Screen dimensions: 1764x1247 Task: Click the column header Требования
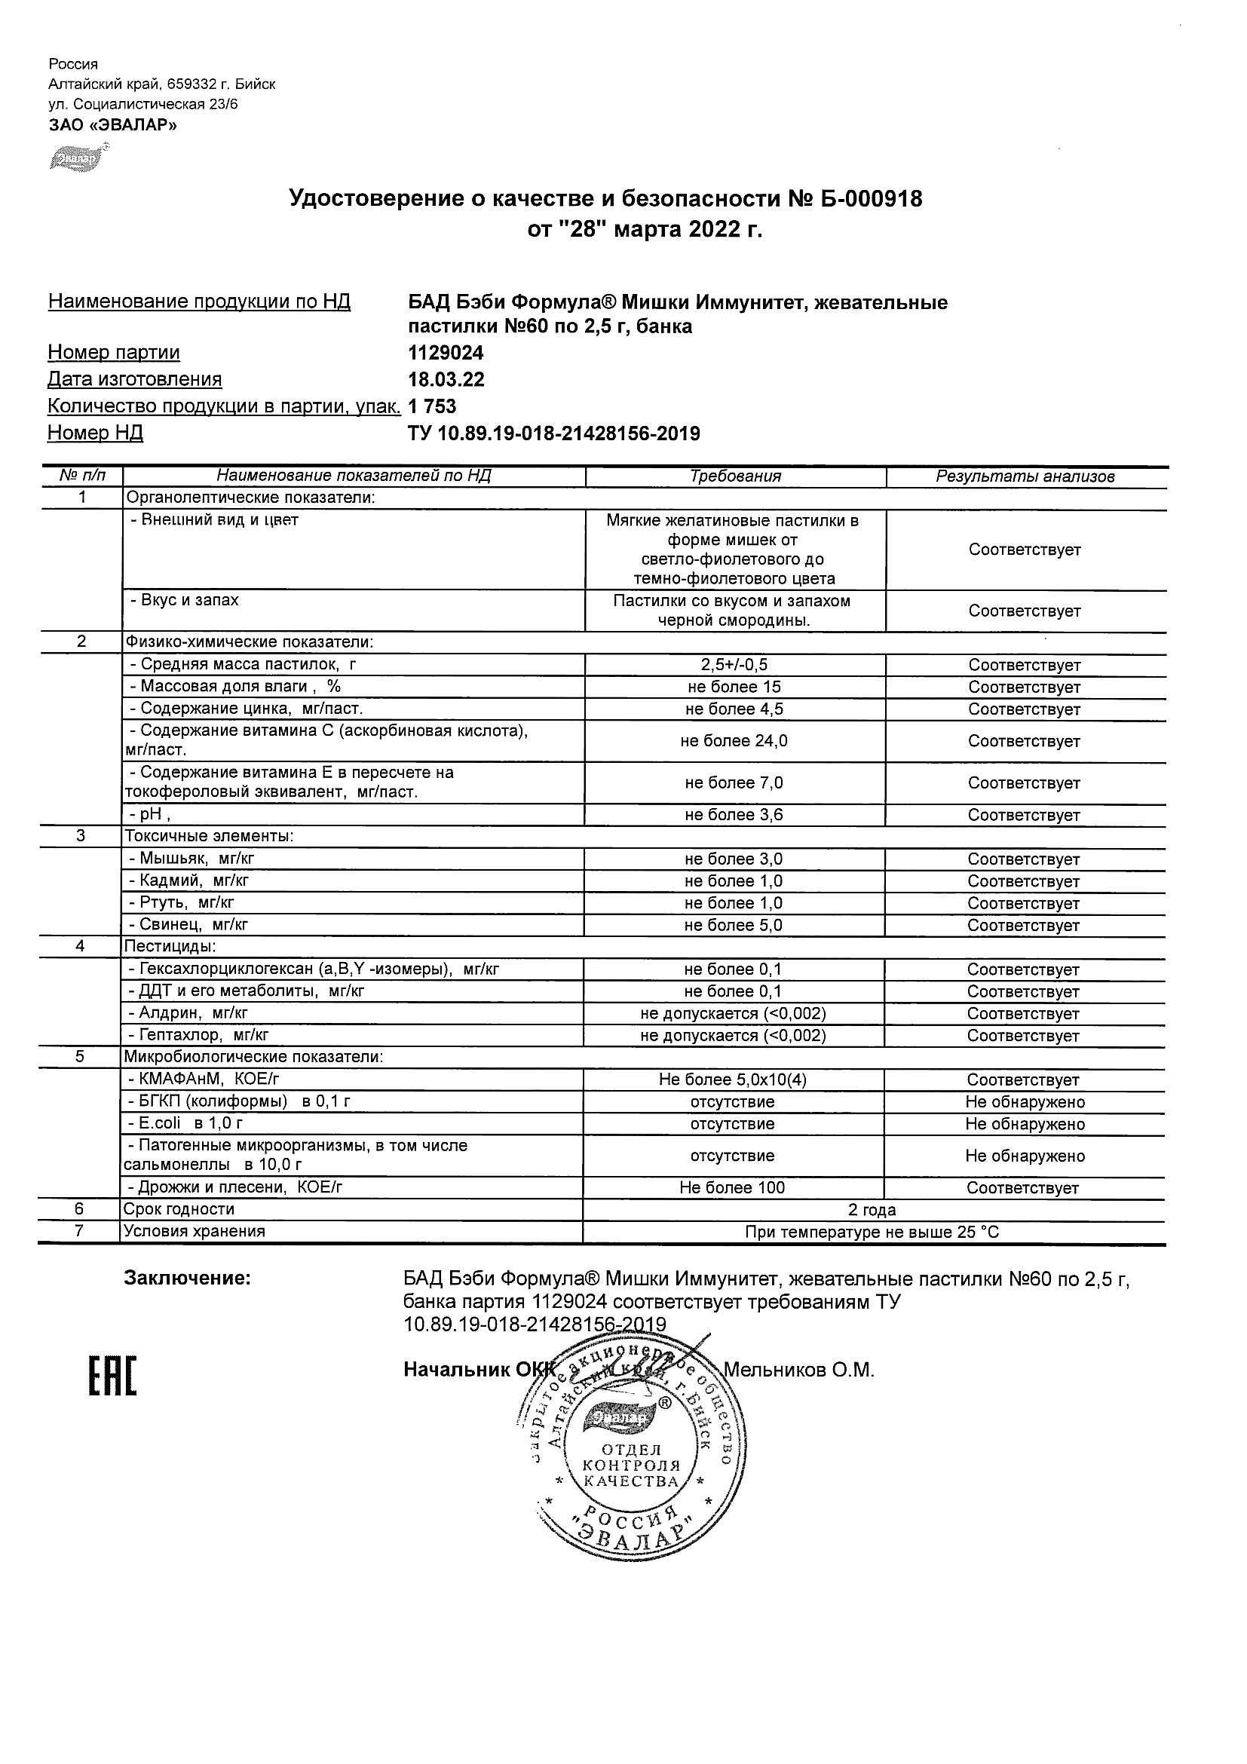click(x=735, y=476)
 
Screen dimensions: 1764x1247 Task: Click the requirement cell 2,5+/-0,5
click(x=734, y=666)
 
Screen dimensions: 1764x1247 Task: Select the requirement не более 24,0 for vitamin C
click(x=734, y=741)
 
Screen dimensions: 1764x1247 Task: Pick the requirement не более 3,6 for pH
click(x=734, y=815)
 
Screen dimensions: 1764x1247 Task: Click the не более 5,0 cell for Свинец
click(x=733, y=926)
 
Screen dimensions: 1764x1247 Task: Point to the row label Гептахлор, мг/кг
click(x=204, y=1036)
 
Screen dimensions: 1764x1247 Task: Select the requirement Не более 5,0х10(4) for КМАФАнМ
click(x=732, y=1080)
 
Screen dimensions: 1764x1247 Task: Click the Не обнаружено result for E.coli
click(x=1025, y=1125)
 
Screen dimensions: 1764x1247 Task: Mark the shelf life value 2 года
click(x=872, y=1210)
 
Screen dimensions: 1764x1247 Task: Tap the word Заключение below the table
click(x=188, y=1279)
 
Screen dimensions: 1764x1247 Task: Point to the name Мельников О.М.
click(x=799, y=1370)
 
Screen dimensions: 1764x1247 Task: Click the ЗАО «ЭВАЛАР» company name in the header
click(x=113, y=125)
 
